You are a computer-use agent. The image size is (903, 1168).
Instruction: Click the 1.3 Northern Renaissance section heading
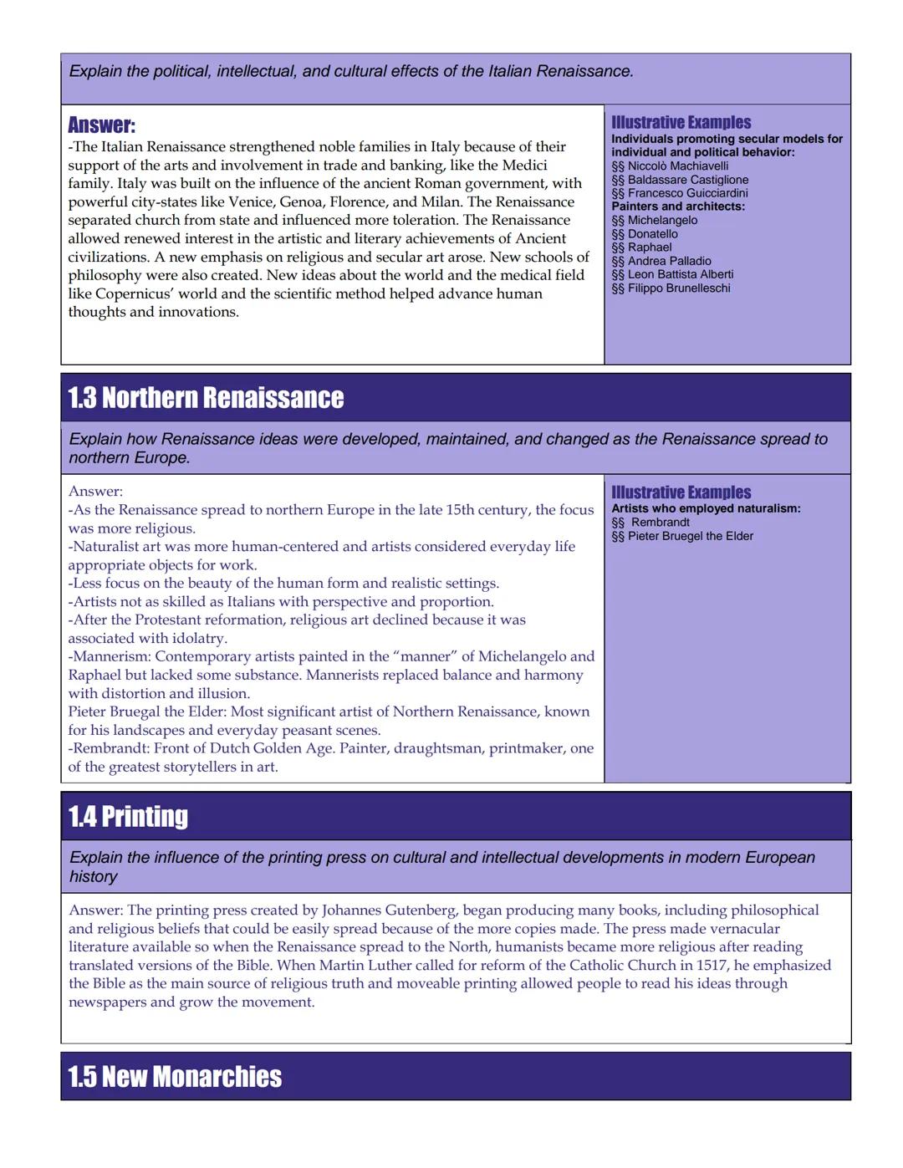[206, 398]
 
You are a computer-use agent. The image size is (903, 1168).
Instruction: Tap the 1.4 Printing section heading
[128, 817]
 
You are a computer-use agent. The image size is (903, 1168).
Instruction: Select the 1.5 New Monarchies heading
[175, 1077]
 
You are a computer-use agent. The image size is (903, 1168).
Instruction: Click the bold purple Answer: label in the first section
[101, 125]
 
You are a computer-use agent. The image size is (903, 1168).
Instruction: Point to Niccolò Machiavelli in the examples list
[677, 166]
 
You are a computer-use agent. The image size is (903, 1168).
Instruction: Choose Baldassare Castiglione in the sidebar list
[687, 180]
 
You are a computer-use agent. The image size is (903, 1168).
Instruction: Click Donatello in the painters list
[652, 234]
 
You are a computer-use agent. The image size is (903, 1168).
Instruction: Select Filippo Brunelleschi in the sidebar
[678, 288]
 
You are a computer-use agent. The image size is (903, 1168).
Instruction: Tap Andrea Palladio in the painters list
[669, 261]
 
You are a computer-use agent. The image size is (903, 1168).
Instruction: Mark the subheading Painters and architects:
[678, 207]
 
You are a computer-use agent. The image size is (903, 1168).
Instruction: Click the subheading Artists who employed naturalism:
[706, 508]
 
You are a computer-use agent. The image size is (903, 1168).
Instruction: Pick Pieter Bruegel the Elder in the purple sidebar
[690, 536]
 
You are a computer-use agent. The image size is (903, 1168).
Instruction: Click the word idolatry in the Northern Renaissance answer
[200, 638]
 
